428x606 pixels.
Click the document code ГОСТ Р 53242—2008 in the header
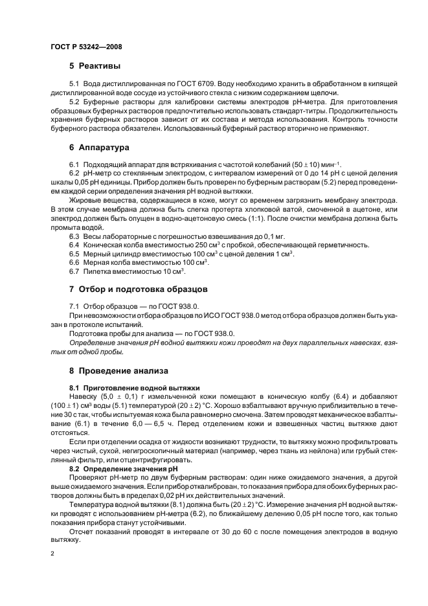point(86,47)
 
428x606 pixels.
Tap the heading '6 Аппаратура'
point(99,148)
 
